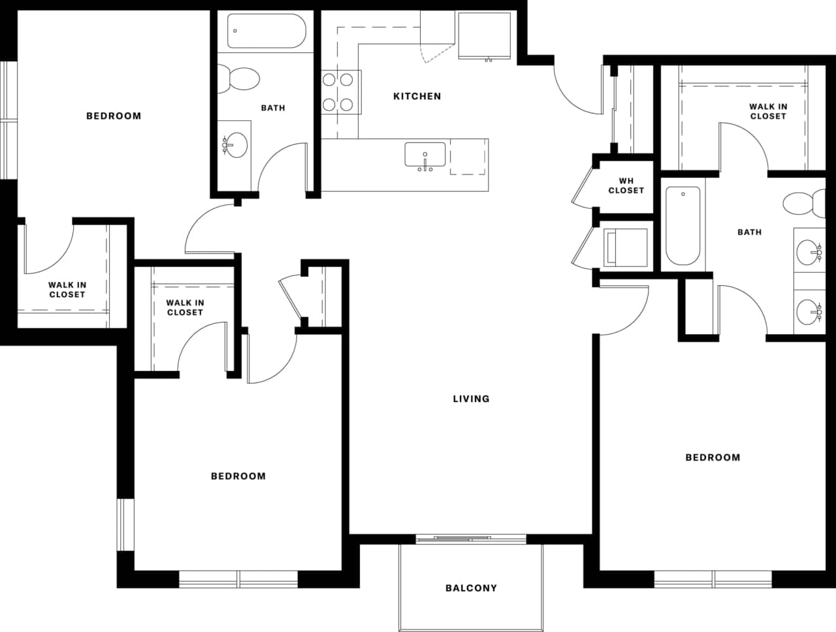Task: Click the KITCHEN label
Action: tap(417, 96)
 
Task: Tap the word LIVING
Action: tap(471, 398)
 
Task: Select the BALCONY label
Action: tap(471, 588)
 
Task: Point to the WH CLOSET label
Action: tap(626, 185)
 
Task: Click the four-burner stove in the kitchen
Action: tap(340, 92)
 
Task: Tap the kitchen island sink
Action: tap(425, 155)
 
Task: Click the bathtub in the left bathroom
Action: tap(266, 31)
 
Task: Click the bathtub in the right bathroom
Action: tap(683, 225)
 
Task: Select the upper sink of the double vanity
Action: tap(809, 250)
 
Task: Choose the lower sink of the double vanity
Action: tap(809, 312)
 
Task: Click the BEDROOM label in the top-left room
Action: tap(114, 116)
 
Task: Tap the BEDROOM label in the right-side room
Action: tap(713, 457)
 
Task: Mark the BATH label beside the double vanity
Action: tap(749, 232)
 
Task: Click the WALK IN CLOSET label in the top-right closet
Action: tap(767, 111)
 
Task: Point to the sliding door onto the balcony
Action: tap(471, 539)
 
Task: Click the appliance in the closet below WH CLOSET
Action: tap(625, 247)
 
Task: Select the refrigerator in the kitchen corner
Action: tap(484, 35)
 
